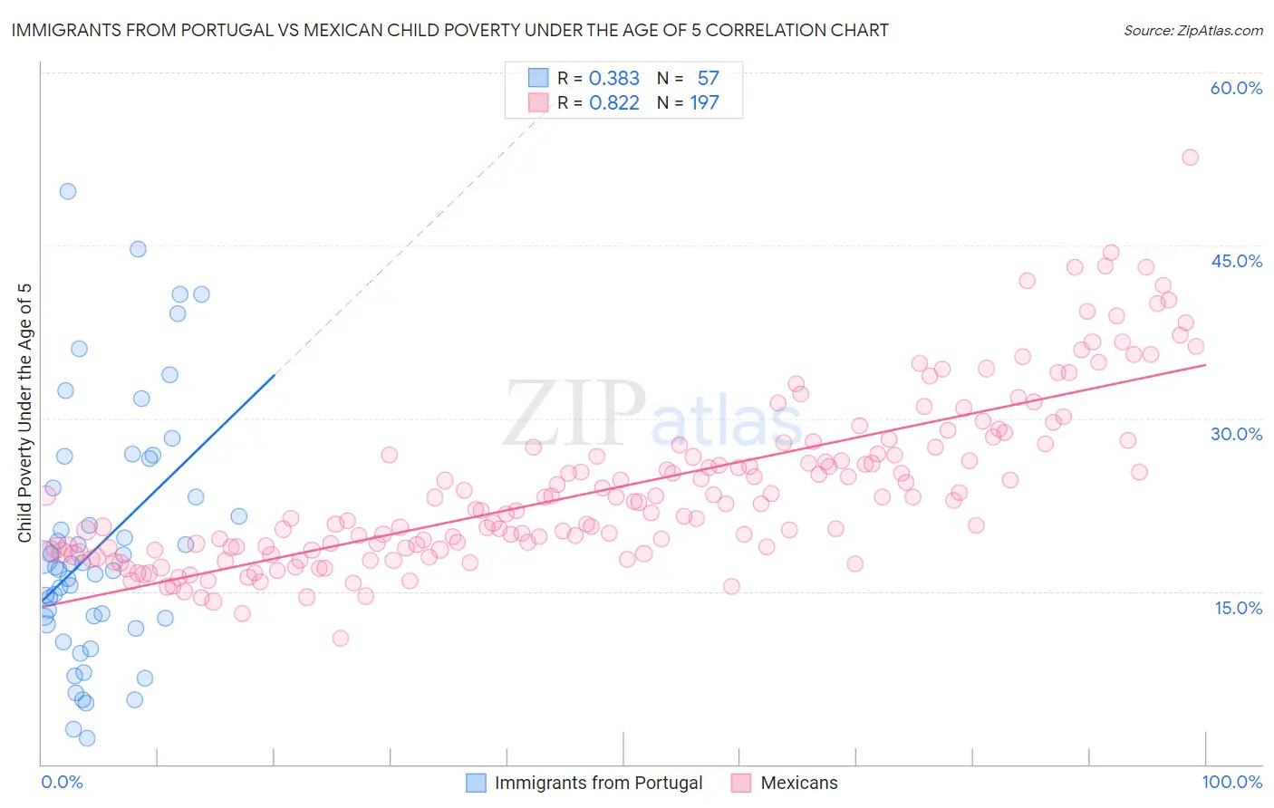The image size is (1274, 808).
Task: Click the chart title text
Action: coord(449,30)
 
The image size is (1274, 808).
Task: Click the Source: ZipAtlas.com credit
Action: coord(1192,31)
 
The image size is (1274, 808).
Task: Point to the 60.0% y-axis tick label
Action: coord(1236,88)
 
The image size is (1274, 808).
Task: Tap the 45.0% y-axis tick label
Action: coord(1236,261)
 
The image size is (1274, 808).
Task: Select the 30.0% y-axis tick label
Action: coord(1236,434)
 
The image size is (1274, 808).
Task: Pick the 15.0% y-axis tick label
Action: coord(1238,608)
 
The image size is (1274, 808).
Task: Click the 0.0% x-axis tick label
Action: coord(62,782)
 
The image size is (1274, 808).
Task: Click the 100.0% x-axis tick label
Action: coord(1231,782)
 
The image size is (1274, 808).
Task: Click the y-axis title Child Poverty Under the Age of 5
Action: coord(24,413)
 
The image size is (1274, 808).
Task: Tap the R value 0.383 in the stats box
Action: coord(614,79)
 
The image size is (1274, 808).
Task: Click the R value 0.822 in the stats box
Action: coord(614,103)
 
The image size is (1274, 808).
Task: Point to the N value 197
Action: coord(704,103)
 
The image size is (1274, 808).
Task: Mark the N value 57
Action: coord(708,79)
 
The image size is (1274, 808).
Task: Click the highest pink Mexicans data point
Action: coord(1190,158)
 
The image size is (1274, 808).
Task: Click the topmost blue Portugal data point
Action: coord(68,191)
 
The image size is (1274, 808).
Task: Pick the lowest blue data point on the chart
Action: coord(87,738)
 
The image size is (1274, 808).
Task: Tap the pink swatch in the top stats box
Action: coord(538,102)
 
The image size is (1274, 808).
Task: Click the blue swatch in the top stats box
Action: coord(538,78)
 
